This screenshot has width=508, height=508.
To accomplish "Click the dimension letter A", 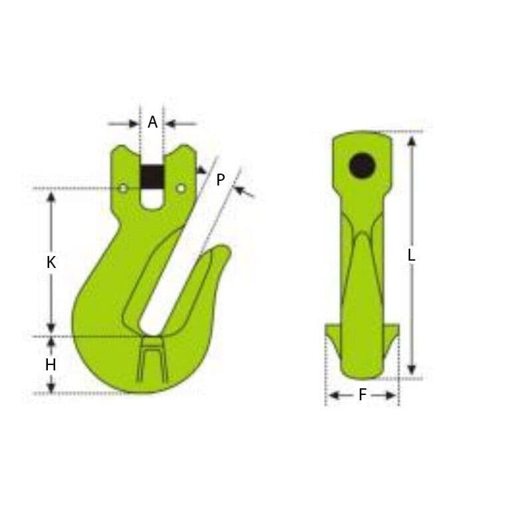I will coord(152,122).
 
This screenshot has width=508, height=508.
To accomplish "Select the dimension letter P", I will coord(220,179).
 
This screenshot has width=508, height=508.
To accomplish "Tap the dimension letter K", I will coord(51,263).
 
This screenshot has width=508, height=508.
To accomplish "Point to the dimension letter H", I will coord(51,364).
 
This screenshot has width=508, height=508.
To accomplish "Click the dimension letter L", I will coord(412,255).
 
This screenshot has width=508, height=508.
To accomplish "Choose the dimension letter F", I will coord(362,395).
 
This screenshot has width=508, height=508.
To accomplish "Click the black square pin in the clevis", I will coord(152,176).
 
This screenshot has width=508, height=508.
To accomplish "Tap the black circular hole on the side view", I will coord(362,165).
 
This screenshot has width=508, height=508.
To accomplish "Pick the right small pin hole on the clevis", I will coord(181,190).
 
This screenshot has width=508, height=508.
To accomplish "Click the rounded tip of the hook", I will coord(225,251).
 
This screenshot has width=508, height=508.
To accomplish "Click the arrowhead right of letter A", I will coord(170,123).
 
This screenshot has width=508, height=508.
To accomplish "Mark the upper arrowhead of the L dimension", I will coord(412,140).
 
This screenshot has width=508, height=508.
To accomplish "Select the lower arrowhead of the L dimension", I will coord(412,370).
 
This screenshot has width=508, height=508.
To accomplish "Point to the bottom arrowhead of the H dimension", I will coord(51,387).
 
